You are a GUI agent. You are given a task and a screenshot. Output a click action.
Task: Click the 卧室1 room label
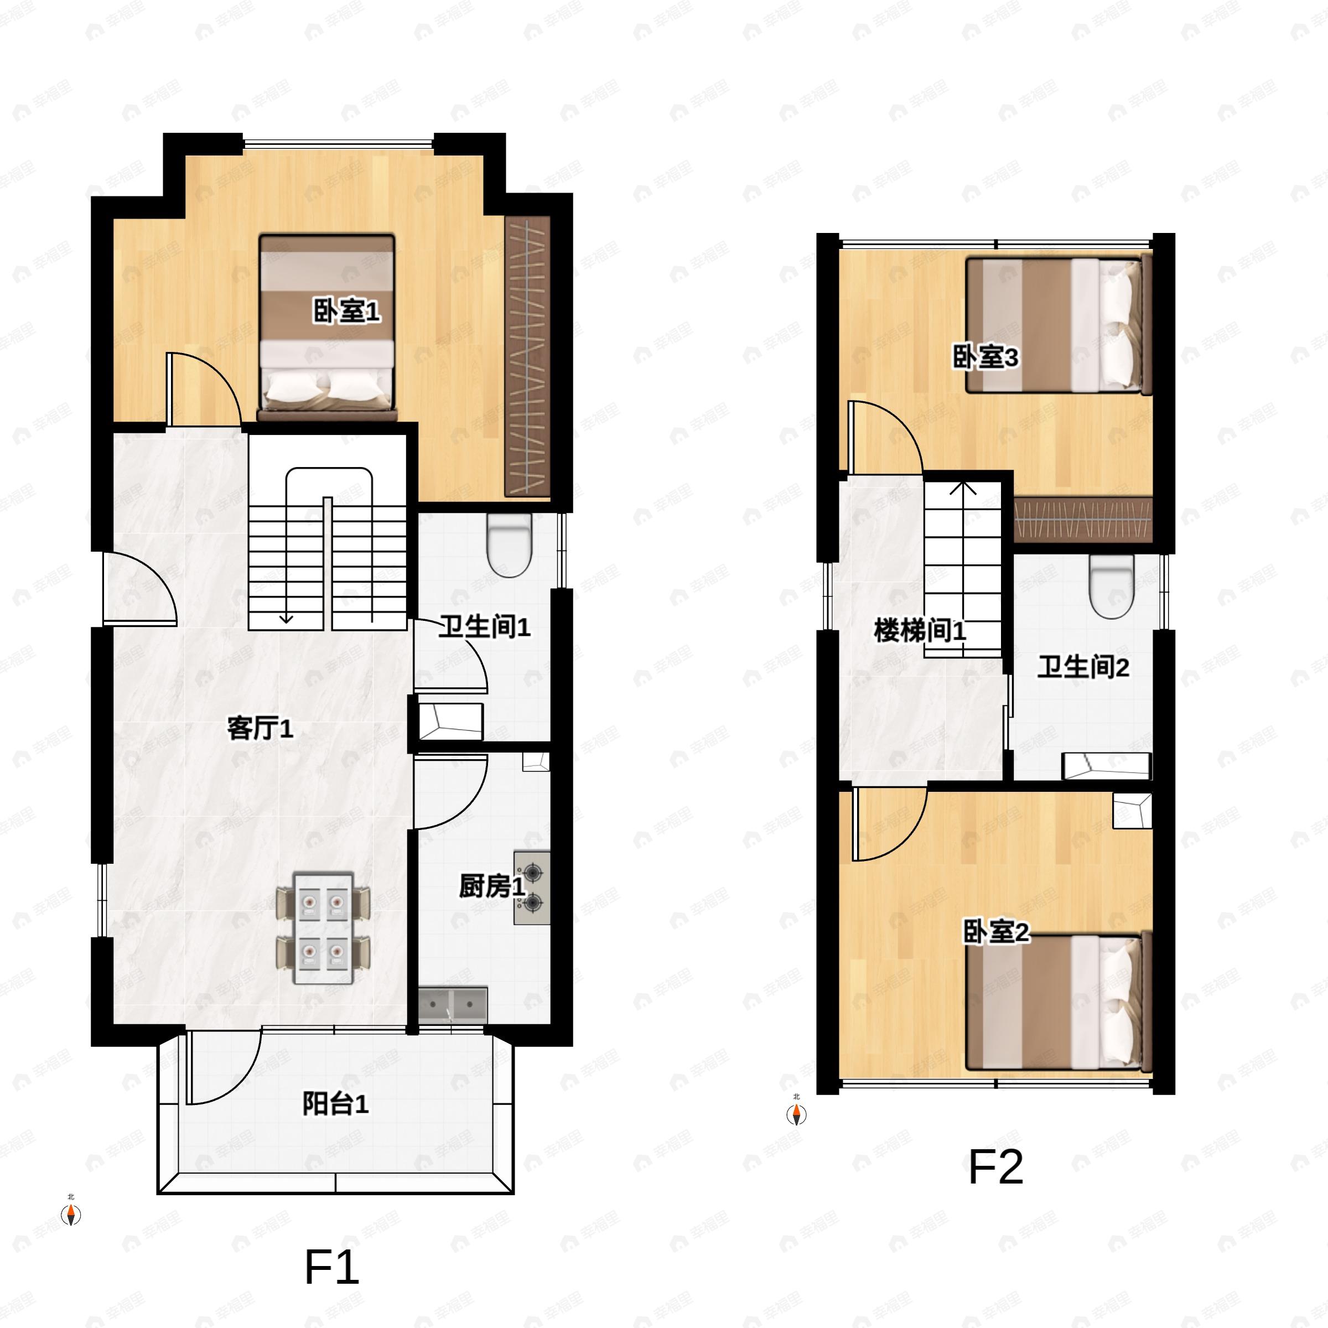pyautogui.click(x=346, y=312)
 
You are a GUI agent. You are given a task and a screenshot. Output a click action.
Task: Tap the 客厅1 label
pyautogui.click(x=261, y=728)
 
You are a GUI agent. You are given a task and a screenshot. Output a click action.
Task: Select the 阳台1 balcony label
pyautogui.click(x=335, y=1104)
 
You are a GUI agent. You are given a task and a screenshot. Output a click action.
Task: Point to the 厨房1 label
pyautogui.click(x=491, y=886)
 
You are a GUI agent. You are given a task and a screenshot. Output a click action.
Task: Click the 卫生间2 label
pyautogui.click(x=1083, y=667)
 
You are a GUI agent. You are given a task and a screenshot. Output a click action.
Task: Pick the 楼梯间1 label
pyautogui.click(x=920, y=630)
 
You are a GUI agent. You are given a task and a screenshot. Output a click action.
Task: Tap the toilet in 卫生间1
pyautogui.click(x=509, y=545)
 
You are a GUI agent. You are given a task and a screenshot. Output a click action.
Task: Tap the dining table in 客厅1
pyautogui.click(x=323, y=928)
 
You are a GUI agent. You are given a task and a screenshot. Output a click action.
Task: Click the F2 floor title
pyautogui.click(x=995, y=1166)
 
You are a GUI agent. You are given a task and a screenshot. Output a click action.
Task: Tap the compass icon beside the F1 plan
pyautogui.click(x=71, y=1215)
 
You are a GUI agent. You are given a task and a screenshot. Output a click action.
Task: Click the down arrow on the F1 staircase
pyautogui.click(x=286, y=619)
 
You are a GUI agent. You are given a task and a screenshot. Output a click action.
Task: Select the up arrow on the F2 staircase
pyautogui.click(x=963, y=489)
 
